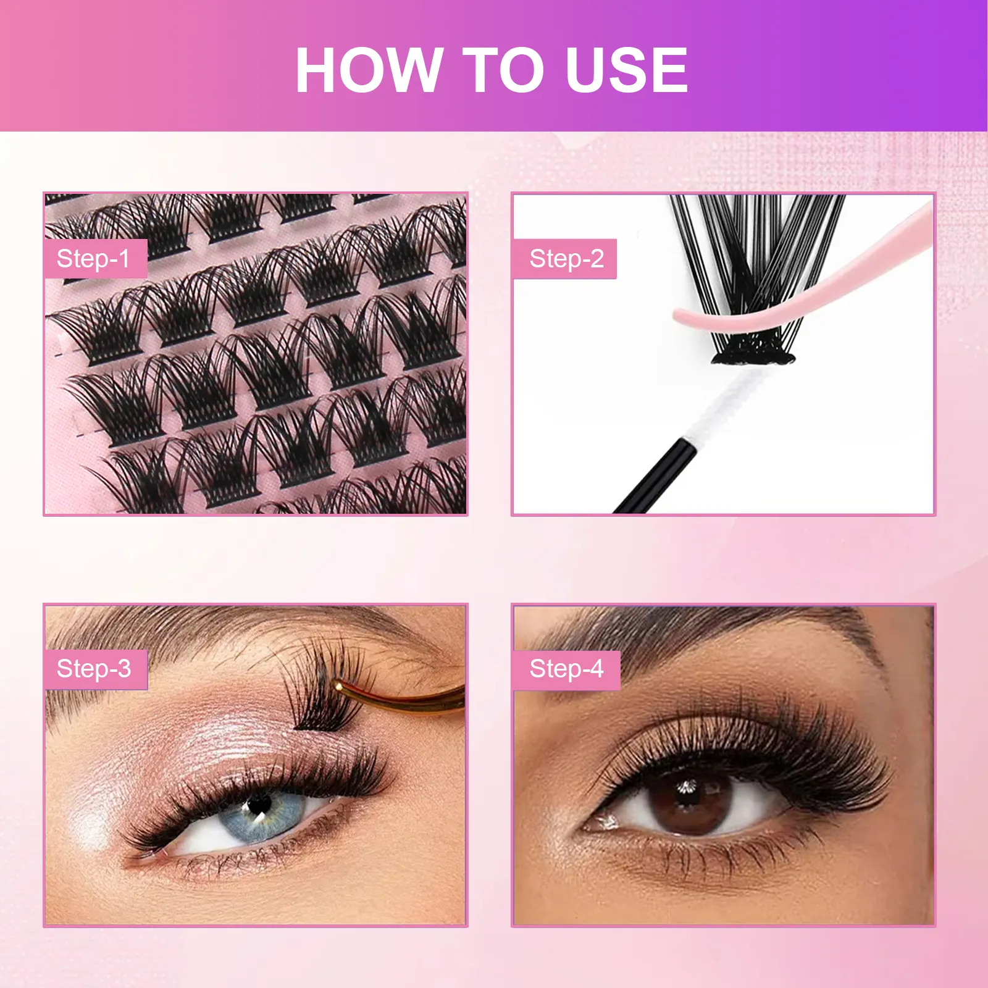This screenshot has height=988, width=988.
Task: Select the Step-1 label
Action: tap(94, 259)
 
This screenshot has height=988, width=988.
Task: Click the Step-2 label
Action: tap(565, 259)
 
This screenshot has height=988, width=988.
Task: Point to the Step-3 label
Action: tap(94, 669)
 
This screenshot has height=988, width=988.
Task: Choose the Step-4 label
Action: tap(566, 669)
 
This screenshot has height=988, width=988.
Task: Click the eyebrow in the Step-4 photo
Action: tap(710, 636)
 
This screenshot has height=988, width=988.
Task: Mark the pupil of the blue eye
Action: tap(258, 805)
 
